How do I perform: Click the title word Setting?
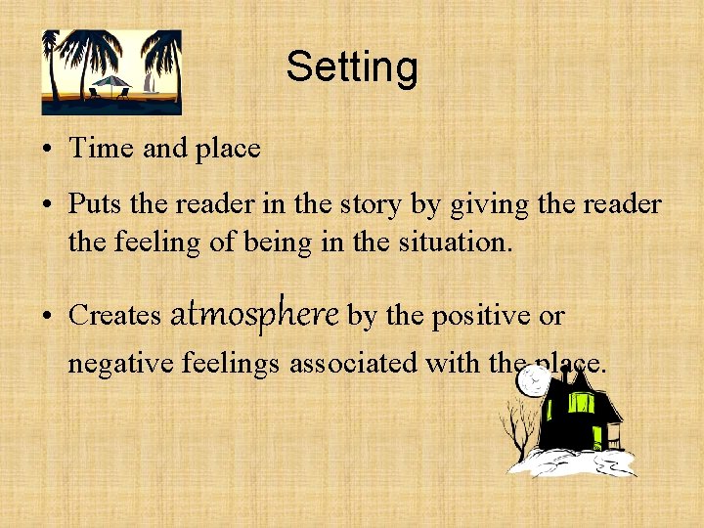[x=352, y=67]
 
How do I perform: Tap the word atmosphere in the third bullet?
[x=254, y=314]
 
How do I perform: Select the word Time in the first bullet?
[x=102, y=149]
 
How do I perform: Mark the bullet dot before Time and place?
[x=47, y=151]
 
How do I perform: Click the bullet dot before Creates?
[x=47, y=317]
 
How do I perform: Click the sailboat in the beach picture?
[x=150, y=84]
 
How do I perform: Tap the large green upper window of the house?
[x=583, y=402]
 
